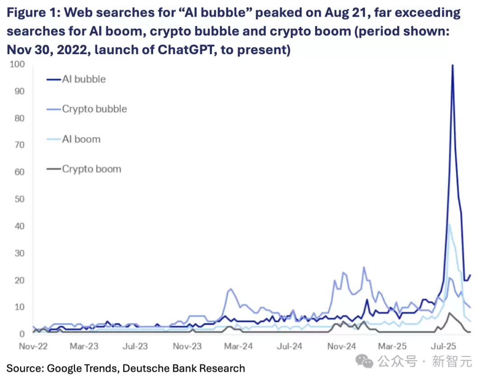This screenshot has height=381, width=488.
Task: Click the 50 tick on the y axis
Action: [19, 199]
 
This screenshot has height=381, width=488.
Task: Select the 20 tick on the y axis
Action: [19, 280]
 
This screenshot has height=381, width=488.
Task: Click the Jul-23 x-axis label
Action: [135, 347]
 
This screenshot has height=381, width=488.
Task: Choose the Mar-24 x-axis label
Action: [238, 347]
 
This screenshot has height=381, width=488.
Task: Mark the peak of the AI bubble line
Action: [452, 65]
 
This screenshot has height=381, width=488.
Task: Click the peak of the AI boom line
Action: [449, 224]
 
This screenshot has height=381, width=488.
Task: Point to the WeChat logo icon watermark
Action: [365, 361]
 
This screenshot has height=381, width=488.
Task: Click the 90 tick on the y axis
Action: [19, 91]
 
